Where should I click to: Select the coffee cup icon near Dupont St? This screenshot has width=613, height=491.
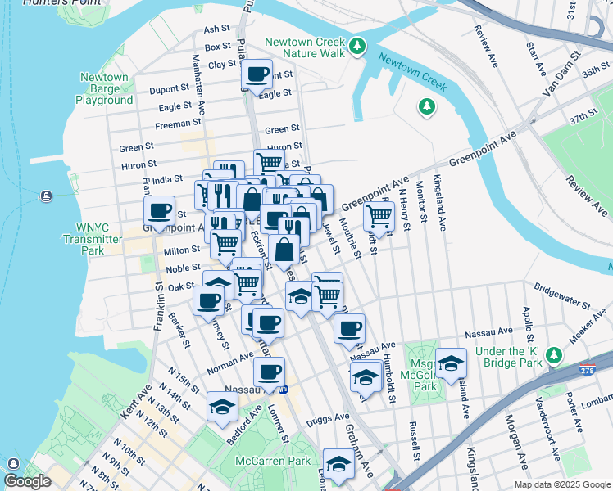(x=257, y=74)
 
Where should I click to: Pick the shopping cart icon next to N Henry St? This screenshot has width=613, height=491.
(x=378, y=216)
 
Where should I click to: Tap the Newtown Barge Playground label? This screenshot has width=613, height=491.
(x=104, y=88)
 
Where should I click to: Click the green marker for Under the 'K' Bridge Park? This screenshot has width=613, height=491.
(x=555, y=355)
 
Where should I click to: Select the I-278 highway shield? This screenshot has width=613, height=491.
(x=588, y=370)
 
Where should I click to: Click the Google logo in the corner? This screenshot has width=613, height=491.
(x=26, y=481)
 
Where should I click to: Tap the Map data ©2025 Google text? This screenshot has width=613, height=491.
(x=561, y=484)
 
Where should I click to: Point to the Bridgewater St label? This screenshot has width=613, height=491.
(x=561, y=295)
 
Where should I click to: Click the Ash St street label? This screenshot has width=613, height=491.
(x=217, y=29)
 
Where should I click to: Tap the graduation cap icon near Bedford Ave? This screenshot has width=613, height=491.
(x=222, y=407)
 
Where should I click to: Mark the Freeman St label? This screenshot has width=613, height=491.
(x=173, y=126)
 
